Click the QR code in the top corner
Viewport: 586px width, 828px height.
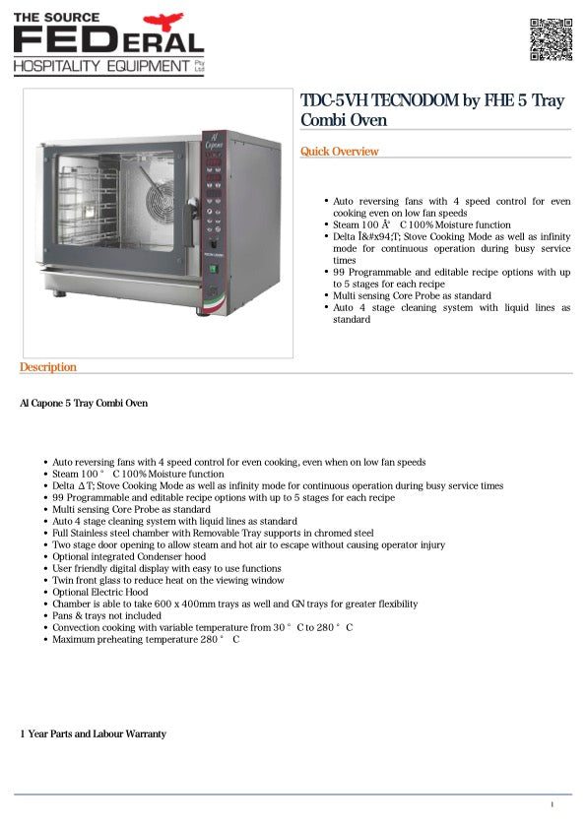pyautogui.click(x=552, y=39)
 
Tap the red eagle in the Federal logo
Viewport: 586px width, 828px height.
pyautogui.click(x=163, y=21)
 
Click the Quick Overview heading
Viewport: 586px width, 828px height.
pyautogui.click(x=340, y=152)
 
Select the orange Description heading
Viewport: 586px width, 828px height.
pyautogui.click(x=48, y=367)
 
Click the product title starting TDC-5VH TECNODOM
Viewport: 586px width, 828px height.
pyautogui.click(x=432, y=111)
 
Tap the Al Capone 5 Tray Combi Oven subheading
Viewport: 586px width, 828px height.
pyautogui.click(x=84, y=404)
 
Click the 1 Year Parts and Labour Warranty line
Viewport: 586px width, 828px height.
pyautogui.click(x=94, y=734)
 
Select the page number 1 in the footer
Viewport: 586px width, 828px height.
pyautogui.click(x=553, y=805)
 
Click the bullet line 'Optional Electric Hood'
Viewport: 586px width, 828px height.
pyautogui.click(x=100, y=593)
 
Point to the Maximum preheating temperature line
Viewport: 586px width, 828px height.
pyautogui.click(x=146, y=639)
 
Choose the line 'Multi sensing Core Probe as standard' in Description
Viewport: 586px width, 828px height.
pyautogui.click(x=131, y=510)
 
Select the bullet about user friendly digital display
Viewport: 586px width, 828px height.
pyautogui.click(x=166, y=569)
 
